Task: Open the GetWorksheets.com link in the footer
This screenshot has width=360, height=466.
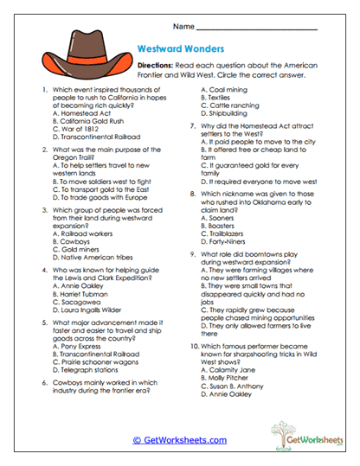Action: [180, 440]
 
